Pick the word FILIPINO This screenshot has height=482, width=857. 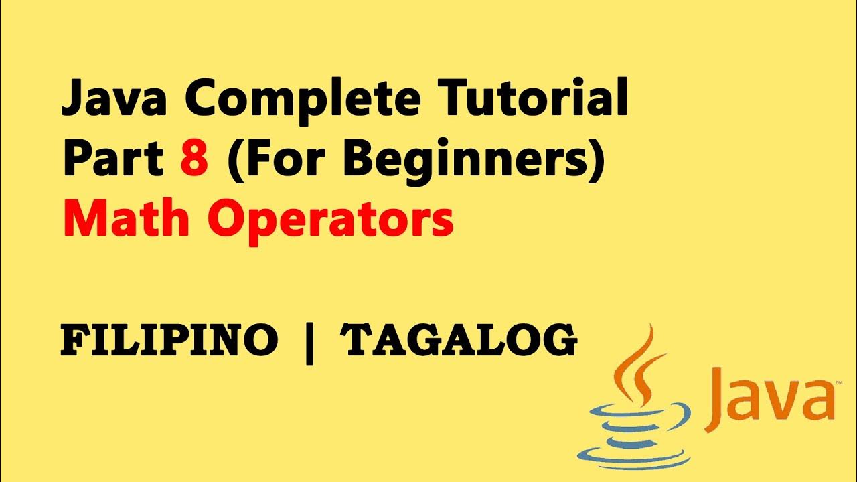point(169,341)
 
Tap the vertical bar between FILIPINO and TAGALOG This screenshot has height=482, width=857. point(309,342)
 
